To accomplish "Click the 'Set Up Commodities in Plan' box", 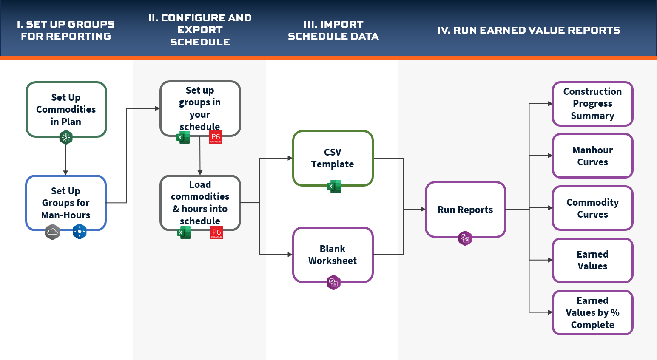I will click(66, 109).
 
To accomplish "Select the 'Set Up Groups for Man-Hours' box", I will click(66, 203).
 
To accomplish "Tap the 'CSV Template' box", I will click(333, 158).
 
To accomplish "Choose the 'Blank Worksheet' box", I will click(333, 255).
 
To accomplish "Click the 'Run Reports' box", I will click(465, 210).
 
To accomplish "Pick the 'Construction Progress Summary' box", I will click(592, 104).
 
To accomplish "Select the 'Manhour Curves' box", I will click(592, 156).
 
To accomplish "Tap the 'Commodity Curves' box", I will click(592, 208).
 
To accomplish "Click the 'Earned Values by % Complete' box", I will click(592, 312).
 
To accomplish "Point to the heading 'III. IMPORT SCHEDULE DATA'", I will click(333, 30).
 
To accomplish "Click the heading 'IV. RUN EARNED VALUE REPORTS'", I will click(529, 30).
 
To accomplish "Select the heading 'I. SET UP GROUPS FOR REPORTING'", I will click(66, 30).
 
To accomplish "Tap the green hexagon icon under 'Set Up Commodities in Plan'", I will click(66, 137).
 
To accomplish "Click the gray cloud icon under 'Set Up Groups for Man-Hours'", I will click(53, 232).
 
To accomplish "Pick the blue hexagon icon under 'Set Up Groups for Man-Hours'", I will click(80, 232).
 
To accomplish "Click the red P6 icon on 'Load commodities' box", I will click(216, 232).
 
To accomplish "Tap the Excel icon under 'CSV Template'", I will click(334, 186).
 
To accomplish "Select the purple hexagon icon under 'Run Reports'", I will click(465, 238).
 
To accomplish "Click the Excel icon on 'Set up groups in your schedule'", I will click(184, 137).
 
